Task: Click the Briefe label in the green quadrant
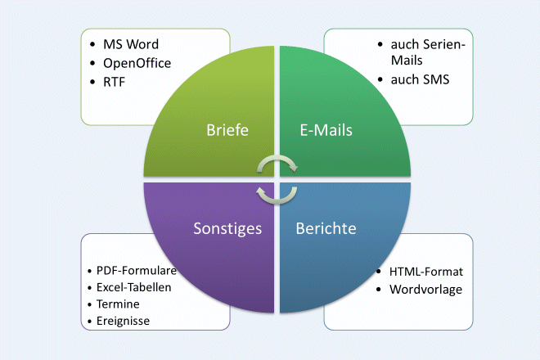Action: (x=227, y=129)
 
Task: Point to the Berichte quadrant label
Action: (x=326, y=228)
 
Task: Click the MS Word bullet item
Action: (x=131, y=43)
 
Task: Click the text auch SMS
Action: (x=420, y=80)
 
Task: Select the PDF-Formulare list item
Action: (x=137, y=270)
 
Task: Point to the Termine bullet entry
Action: (x=118, y=304)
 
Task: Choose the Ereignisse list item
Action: (x=124, y=320)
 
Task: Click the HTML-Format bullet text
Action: (x=426, y=272)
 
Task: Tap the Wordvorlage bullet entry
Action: (x=426, y=290)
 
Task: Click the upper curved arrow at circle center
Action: (x=278, y=164)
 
